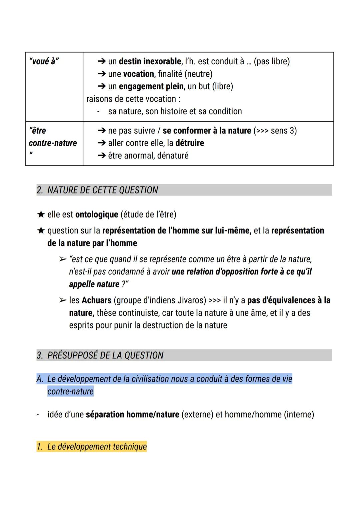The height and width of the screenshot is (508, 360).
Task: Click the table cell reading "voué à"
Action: click(44, 62)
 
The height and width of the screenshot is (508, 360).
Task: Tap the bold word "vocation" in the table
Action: click(139, 74)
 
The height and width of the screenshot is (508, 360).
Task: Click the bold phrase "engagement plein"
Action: click(151, 87)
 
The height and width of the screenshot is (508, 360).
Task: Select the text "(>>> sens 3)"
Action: click(275, 131)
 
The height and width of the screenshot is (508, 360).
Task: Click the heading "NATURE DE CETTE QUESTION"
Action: click(102, 190)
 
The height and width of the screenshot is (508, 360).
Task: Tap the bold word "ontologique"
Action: click(97, 215)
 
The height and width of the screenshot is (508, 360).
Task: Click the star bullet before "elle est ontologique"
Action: click(41, 215)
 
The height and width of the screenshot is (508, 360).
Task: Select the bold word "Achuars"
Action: click(96, 300)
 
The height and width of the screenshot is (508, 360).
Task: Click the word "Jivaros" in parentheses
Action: click(190, 300)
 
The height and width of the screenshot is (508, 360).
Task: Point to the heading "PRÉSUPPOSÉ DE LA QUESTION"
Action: click(105, 355)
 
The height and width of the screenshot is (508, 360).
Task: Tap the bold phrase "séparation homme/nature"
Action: click(132, 415)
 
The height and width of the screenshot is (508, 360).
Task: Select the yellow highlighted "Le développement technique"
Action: click(97, 447)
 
